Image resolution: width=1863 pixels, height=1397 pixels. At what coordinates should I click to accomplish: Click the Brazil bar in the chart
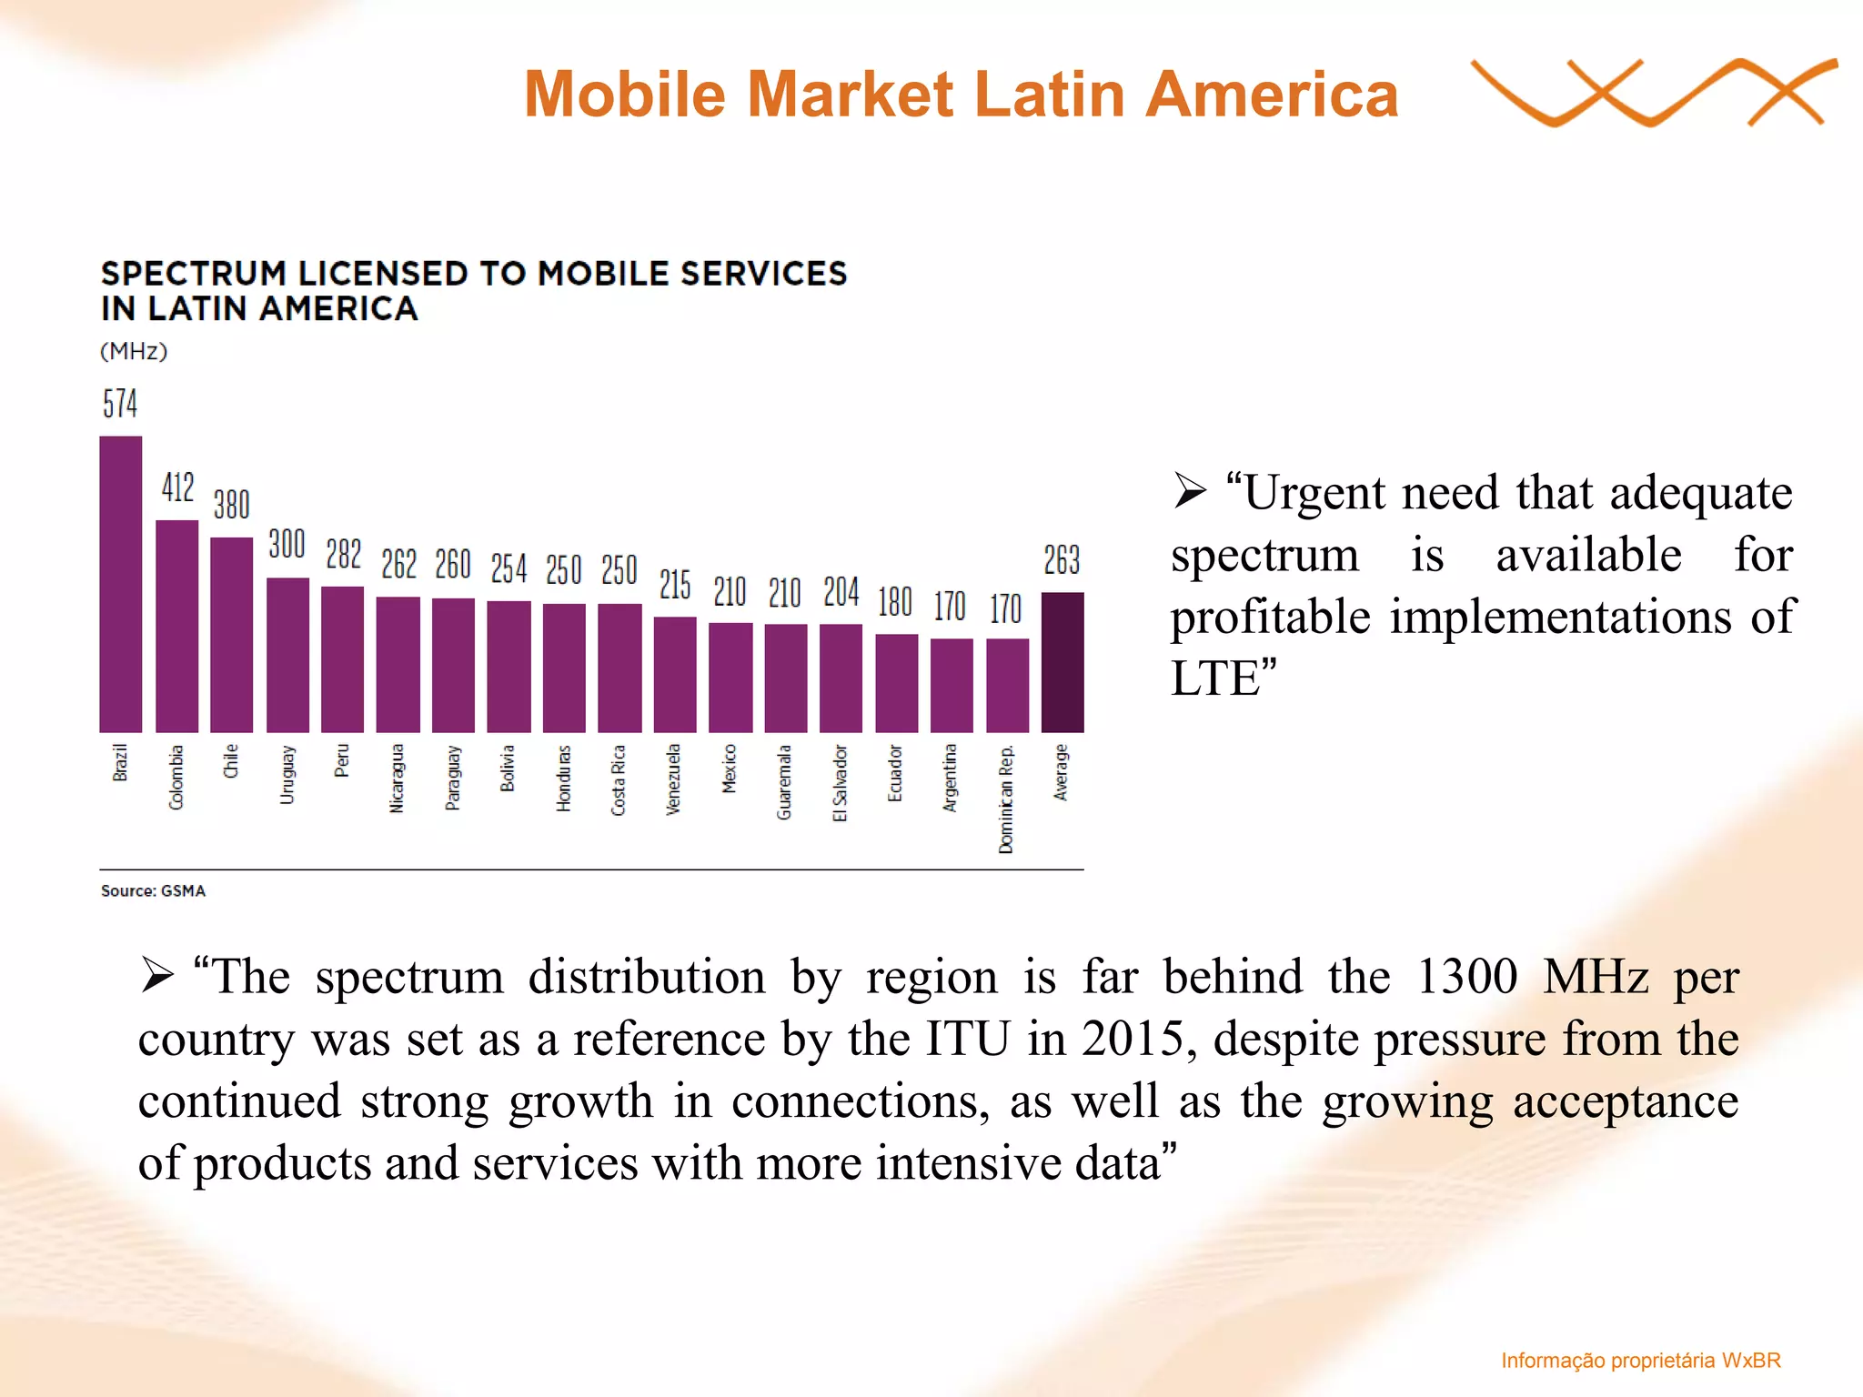tap(120, 584)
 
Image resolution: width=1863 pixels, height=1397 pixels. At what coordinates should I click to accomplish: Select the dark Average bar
tap(1062, 662)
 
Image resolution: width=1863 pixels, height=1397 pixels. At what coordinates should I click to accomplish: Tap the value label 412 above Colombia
tap(178, 487)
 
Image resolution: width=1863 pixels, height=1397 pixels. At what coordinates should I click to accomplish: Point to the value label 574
tap(120, 404)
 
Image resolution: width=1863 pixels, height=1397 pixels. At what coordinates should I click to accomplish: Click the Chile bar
tap(231, 634)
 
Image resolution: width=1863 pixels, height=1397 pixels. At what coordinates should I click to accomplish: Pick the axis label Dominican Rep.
tap(1005, 799)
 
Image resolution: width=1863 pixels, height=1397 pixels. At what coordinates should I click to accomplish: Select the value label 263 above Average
tap(1062, 559)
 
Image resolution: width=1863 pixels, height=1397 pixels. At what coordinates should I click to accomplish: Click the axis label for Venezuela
tap(673, 779)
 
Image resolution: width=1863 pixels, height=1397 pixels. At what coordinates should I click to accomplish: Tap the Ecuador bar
tap(896, 683)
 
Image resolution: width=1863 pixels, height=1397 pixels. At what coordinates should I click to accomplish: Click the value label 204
tap(841, 592)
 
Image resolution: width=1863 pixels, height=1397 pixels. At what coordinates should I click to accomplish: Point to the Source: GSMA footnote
tap(153, 890)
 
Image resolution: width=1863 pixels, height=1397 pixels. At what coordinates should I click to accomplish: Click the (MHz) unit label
tap(134, 351)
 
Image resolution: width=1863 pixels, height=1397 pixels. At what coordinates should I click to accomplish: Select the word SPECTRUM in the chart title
tap(193, 274)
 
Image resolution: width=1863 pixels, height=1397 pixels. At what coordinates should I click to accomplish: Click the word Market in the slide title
tap(851, 95)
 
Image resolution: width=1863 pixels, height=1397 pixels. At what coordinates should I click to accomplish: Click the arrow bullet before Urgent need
tap(1189, 492)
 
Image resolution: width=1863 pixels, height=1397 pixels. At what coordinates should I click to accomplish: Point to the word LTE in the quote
tap(1214, 678)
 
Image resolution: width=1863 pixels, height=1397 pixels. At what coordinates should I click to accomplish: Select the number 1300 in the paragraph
tap(1466, 977)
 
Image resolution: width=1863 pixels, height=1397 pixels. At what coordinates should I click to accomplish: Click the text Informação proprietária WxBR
tap(1640, 1361)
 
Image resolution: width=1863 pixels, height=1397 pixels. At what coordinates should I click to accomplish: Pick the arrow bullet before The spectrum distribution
tap(157, 977)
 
